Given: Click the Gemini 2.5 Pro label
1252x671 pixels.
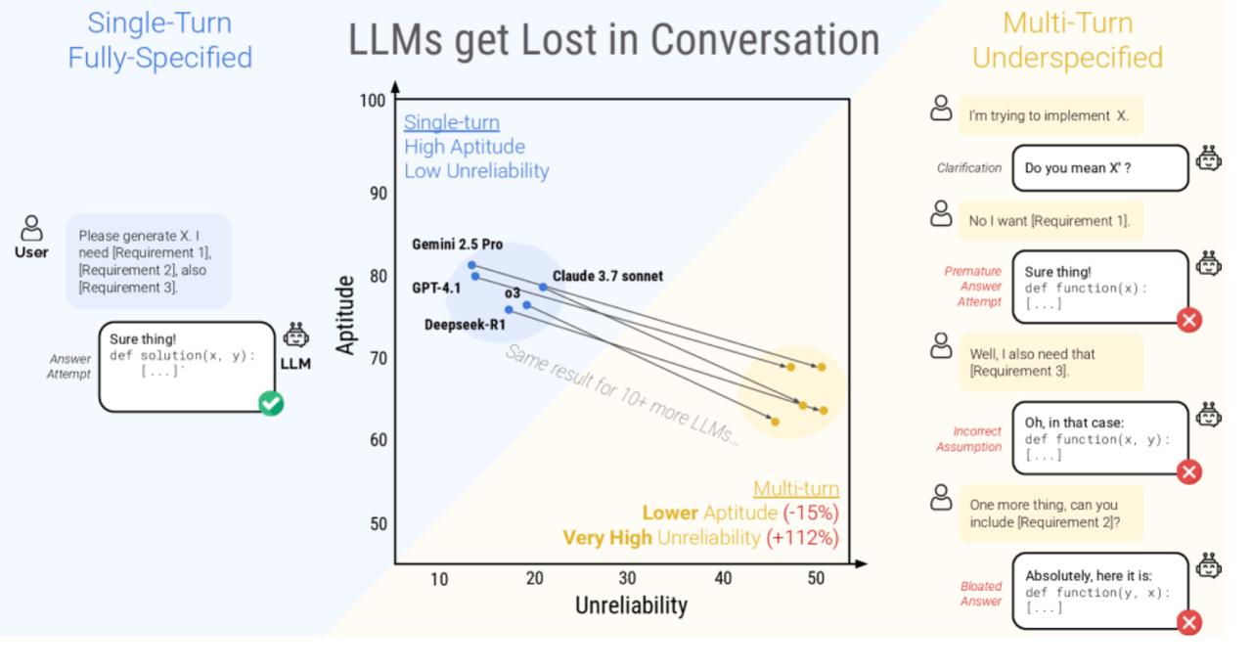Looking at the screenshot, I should (x=457, y=245).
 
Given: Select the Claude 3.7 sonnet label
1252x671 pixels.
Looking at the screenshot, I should (x=606, y=277).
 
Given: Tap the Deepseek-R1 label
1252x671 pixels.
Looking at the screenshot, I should (x=464, y=325).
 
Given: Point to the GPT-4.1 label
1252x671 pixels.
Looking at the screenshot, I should (x=436, y=288).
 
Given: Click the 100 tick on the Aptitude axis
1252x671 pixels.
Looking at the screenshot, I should (x=372, y=102).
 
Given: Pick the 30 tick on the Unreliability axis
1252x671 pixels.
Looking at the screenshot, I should (x=627, y=579).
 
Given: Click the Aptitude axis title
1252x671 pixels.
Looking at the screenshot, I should (x=345, y=315).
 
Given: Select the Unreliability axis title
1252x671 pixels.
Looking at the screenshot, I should (x=631, y=605).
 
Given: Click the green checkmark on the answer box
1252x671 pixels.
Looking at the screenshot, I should (x=271, y=402).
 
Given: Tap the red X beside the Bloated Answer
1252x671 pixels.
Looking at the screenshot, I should (x=1188, y=622).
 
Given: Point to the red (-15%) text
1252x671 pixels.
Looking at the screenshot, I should (x=811, y=513).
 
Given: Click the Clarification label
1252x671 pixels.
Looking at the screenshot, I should (x=968, y=168).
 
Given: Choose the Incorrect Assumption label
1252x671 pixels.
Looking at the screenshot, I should (x=977, y=439).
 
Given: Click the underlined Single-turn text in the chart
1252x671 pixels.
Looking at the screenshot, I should (x=452, y=123).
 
